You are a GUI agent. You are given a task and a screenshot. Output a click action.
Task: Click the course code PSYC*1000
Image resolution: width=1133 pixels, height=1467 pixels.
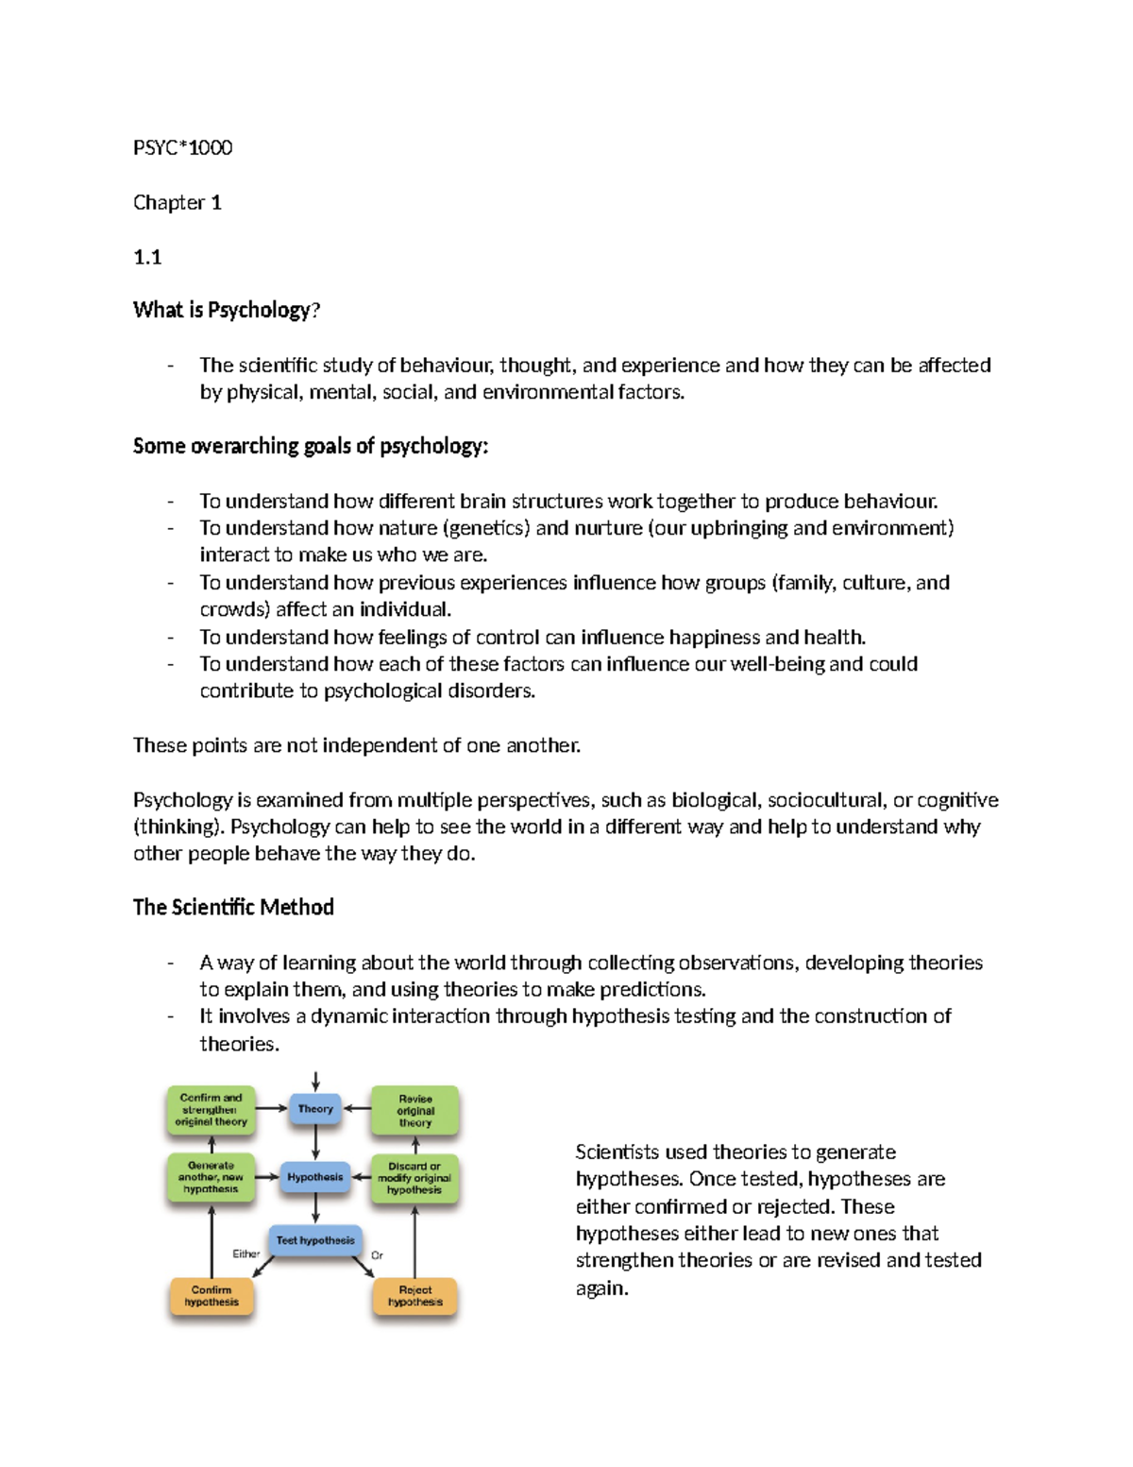pos(182,147)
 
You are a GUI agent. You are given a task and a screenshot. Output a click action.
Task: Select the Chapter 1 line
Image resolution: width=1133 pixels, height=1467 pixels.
pos(177,202)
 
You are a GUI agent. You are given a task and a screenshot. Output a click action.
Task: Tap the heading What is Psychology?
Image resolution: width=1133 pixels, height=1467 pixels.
pos(227,310)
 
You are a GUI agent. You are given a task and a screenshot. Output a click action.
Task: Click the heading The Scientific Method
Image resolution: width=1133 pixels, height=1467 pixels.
pos(233,908)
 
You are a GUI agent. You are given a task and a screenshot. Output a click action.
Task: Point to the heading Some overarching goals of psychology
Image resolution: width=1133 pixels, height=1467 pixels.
pos(311,446)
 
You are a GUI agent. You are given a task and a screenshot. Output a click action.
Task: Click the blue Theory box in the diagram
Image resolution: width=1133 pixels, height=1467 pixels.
pos(315,1109)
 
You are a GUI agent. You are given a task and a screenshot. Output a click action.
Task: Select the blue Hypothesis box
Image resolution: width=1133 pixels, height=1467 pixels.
pos(315,1177)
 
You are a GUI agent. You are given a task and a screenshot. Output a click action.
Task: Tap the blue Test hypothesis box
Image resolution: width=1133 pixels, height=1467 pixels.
pos(315,1240)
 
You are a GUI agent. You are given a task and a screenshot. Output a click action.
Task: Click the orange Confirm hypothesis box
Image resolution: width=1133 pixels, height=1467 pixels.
pos(211,1296)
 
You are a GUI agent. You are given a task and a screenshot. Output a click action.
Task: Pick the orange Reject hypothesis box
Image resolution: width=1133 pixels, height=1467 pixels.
pos(415,1296)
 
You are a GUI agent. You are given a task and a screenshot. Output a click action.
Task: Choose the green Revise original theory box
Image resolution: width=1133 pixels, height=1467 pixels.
pos(415,1111)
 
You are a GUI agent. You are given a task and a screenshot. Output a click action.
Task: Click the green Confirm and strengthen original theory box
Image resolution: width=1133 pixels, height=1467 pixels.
pos(211,1110)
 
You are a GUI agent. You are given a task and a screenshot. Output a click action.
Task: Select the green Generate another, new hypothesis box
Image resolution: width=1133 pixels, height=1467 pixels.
pos(211,1177)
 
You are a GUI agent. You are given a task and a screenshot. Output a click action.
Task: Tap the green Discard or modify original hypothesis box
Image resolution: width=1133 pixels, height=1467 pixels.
pos(414,1178)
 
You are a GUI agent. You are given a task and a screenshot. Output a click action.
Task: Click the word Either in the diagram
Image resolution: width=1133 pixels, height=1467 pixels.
pos(246,1254)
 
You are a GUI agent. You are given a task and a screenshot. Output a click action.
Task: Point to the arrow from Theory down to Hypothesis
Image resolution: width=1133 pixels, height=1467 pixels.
pos(315,1142)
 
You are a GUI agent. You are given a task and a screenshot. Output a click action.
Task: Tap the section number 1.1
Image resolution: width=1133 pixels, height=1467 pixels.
pos(147,257)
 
